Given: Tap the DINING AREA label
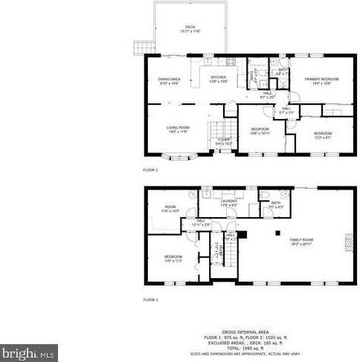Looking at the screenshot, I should pos(169,79).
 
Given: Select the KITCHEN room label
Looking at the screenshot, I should pos(219,77).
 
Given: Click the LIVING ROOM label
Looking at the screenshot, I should pos(178,128).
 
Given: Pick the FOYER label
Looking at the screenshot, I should pos(223,140).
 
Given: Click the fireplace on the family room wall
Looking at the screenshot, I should pos(347,243).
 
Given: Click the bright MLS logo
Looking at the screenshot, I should pos(29,352).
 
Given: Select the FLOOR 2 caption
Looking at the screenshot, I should pos(150,170).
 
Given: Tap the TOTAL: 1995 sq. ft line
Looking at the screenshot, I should pos(245,348).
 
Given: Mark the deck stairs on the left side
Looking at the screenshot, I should pos(138,47).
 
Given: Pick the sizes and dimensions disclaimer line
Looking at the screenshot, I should pos(245,352).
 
